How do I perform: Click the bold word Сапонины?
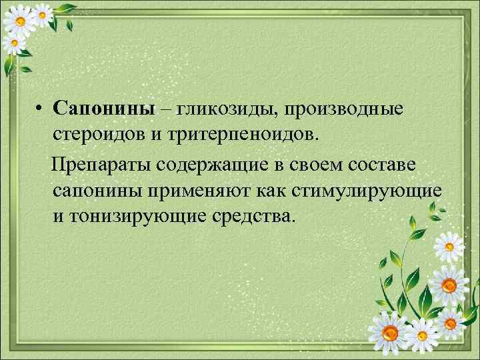click(105, 108)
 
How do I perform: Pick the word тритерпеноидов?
click(243, 136)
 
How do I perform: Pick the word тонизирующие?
click(136, 217)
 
